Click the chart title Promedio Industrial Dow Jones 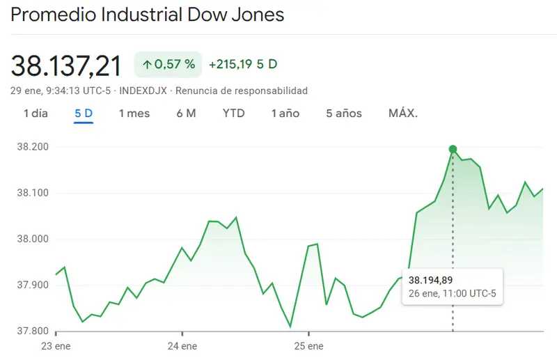pyautogui.click(x=148, y=15)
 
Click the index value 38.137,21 pyautogui.click(x=66, y=65)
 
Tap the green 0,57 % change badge pyautogui.click(x=168, y=65)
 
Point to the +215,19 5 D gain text pyautogui.click(x=243, y=65)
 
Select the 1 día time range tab pyautogui.click(x=36, y=114)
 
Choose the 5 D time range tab pyautogui.click(x=84, y=114)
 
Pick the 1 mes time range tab pyautogui.click(x=134, y=114)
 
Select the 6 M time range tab pyautogui.click(x=186, y=114)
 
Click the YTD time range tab pyautogui.click(x=234, y=114)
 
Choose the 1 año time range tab pyautogui.click(x=285, y=114)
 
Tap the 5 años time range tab pyautogui.click(x=344, y=114)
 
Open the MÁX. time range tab pyautogui.click(x=403, y=114)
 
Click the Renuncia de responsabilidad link pyautogui.click(x=242, y=91)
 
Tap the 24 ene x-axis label pyautogui.click(x=182, y=345)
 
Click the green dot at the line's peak pyautogui.click(x=453, y=149)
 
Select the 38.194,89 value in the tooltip pyautogui.click(x=430, y=280)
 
